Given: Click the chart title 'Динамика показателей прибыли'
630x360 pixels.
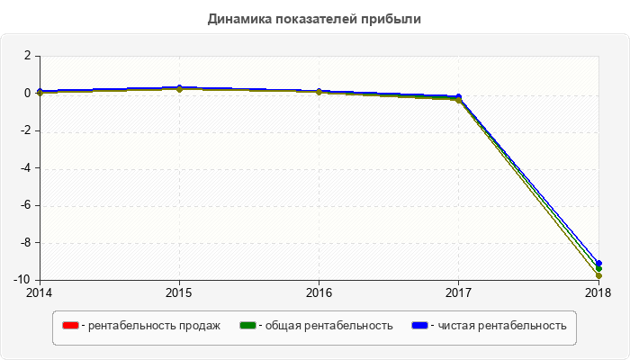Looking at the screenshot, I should [x=314, y=18].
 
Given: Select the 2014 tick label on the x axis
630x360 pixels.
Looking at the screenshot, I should [x=40, y=292].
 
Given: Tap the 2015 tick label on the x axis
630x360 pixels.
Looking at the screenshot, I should [x=179, y=292].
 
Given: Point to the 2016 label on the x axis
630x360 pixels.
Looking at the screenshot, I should [x=319, y=292].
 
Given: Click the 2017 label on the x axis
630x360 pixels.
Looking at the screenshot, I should [x=458, y=292].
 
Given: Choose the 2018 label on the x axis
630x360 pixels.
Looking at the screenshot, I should [x=598, y=292].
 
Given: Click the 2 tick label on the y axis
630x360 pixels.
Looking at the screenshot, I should [x=28, y=56].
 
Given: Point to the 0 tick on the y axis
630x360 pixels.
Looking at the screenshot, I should [x=28, y=94].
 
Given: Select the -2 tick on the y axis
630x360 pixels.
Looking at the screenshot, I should [x=26, y=131].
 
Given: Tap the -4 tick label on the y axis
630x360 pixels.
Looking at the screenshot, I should [x=26, y=168].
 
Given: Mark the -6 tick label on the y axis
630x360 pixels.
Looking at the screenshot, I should [x=26, y=205].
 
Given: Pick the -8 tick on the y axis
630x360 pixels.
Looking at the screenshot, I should [x=26, y=243].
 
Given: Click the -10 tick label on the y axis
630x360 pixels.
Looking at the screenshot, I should [x=23, y=280].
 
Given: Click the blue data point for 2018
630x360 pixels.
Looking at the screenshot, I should [x=598, y=263].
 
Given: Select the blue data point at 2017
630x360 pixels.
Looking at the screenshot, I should [x=458, y=96].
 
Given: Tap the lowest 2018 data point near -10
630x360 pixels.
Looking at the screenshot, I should [x=598, y=276].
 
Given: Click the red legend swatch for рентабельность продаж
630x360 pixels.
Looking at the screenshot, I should [x=69, y=325].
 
